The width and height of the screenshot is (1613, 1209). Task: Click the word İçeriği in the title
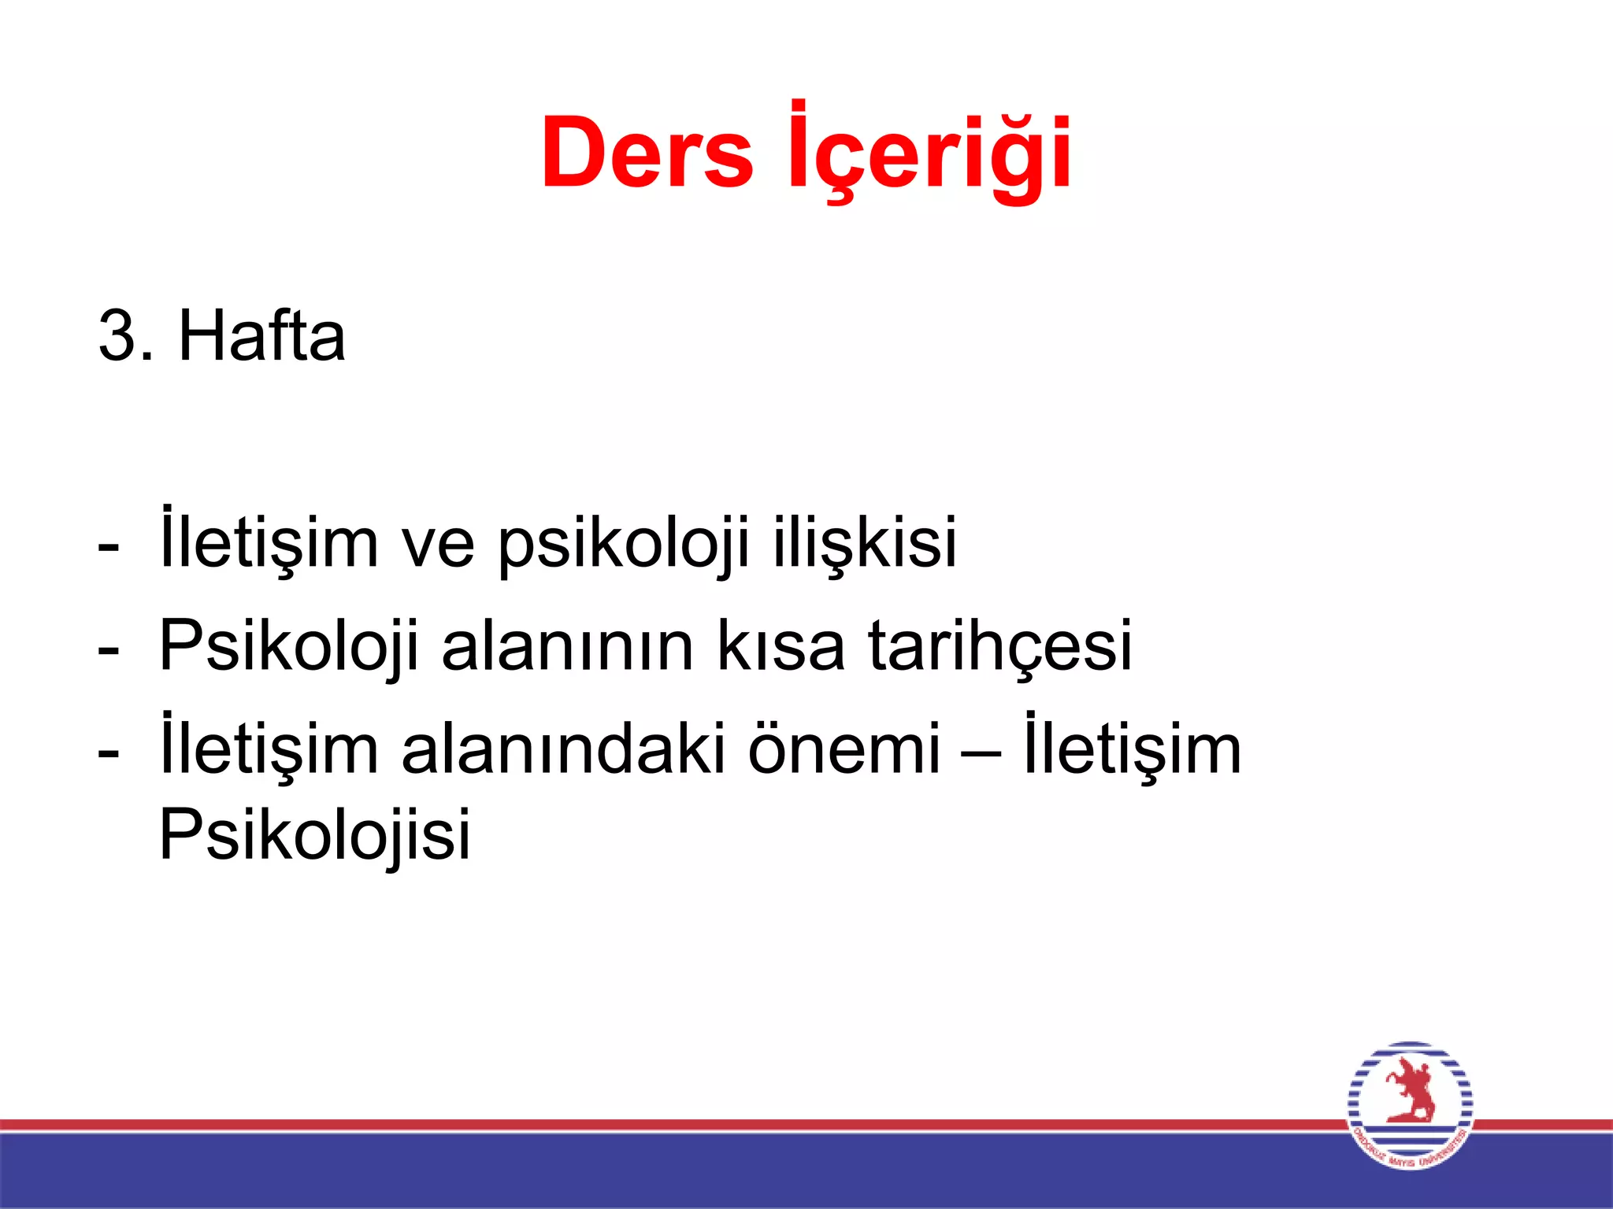pyautogui.click(x=929, y=153)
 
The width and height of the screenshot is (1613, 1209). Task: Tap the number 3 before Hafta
pyautogui.click(x=116, y=336)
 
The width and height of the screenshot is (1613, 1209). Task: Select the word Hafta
pyautogui.click(x=262, y=336)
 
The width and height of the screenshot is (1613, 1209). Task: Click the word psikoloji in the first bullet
pyautogui.click(x=623, y=543)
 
